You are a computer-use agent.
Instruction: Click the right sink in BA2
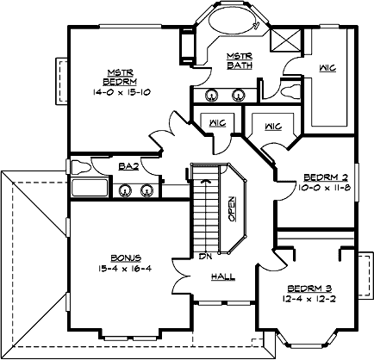point(146,190)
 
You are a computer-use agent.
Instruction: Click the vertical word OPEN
point(232,208)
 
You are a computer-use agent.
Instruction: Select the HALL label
point(223,277)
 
